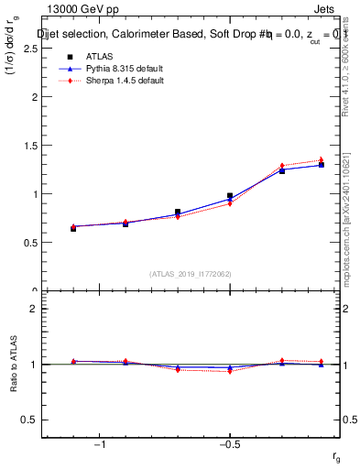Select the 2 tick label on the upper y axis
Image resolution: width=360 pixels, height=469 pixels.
tap(34, 97)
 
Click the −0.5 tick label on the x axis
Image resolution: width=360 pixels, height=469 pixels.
tap(228, 444)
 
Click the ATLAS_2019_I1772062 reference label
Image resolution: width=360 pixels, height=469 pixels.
tap(191, 274)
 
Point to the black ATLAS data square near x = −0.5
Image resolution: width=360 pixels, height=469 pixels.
tap(230, 196)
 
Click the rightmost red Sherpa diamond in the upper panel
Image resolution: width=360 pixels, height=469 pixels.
tap(322, 160)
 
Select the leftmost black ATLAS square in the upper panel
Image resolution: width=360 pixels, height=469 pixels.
tap(73, 228)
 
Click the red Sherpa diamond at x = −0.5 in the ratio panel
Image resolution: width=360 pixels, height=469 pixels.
tap(230, 371)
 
